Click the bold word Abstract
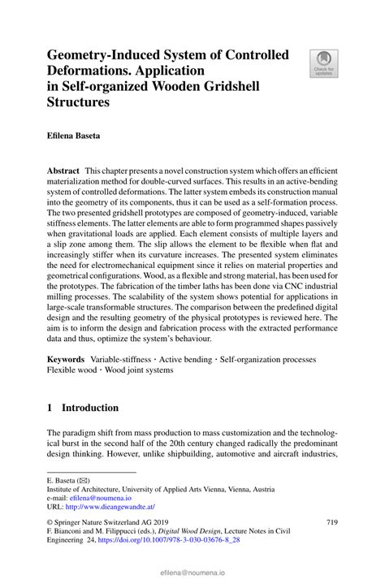point(63,172)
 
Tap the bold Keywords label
point(66,359)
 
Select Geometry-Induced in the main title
point(105,55)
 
